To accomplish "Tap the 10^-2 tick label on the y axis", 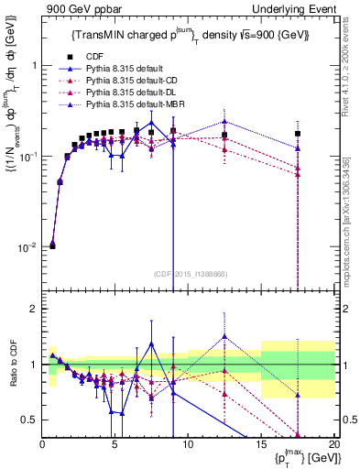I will tap(27, 247).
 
